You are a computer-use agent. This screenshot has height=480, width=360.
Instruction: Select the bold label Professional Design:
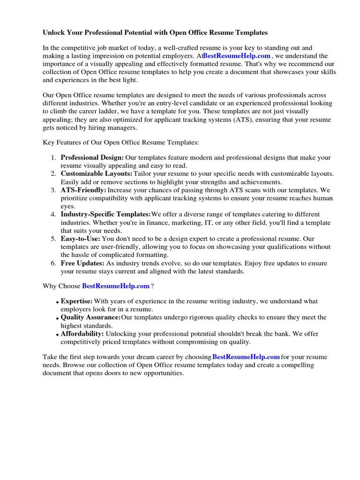pyautogui.click(x=92, y=157)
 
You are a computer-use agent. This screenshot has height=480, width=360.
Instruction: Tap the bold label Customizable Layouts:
pyautogui.click(x=97, y=173)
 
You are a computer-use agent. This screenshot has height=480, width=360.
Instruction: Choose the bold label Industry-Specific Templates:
pyautogui.click(x=105, y=214)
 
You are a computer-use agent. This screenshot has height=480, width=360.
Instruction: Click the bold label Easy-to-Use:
pyautogui.click(x=80, y=239)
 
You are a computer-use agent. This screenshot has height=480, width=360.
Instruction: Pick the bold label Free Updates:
pyautogui.click(x=82, y=263)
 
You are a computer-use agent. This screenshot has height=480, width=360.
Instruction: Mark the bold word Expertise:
pyautogui.click(x=76, y=301)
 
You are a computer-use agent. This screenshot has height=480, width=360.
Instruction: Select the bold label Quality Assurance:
pyautogui.click(x=90, y=317)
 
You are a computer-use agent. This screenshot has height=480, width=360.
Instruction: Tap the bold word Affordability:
pyautogui.click(x=82, y=333)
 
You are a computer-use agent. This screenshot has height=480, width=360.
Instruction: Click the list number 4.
pyautogui.click(x=53, y=214)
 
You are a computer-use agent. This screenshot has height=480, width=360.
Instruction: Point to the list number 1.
pyautogui.click(x=53, y=157)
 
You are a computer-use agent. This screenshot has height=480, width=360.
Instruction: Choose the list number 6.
pyautogui.click(x=53, y=263)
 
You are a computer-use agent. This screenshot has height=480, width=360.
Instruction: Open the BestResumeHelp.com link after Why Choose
pyautogui.click(x=116, y=285)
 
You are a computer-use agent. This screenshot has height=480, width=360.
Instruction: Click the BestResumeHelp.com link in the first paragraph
pyautogui.click(x=236, y=56)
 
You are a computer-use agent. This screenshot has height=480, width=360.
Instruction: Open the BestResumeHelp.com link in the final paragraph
pyautogui.click(x=246, y=357)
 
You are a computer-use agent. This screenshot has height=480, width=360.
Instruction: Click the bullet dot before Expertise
pyautogui.click(x=57, y=302)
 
